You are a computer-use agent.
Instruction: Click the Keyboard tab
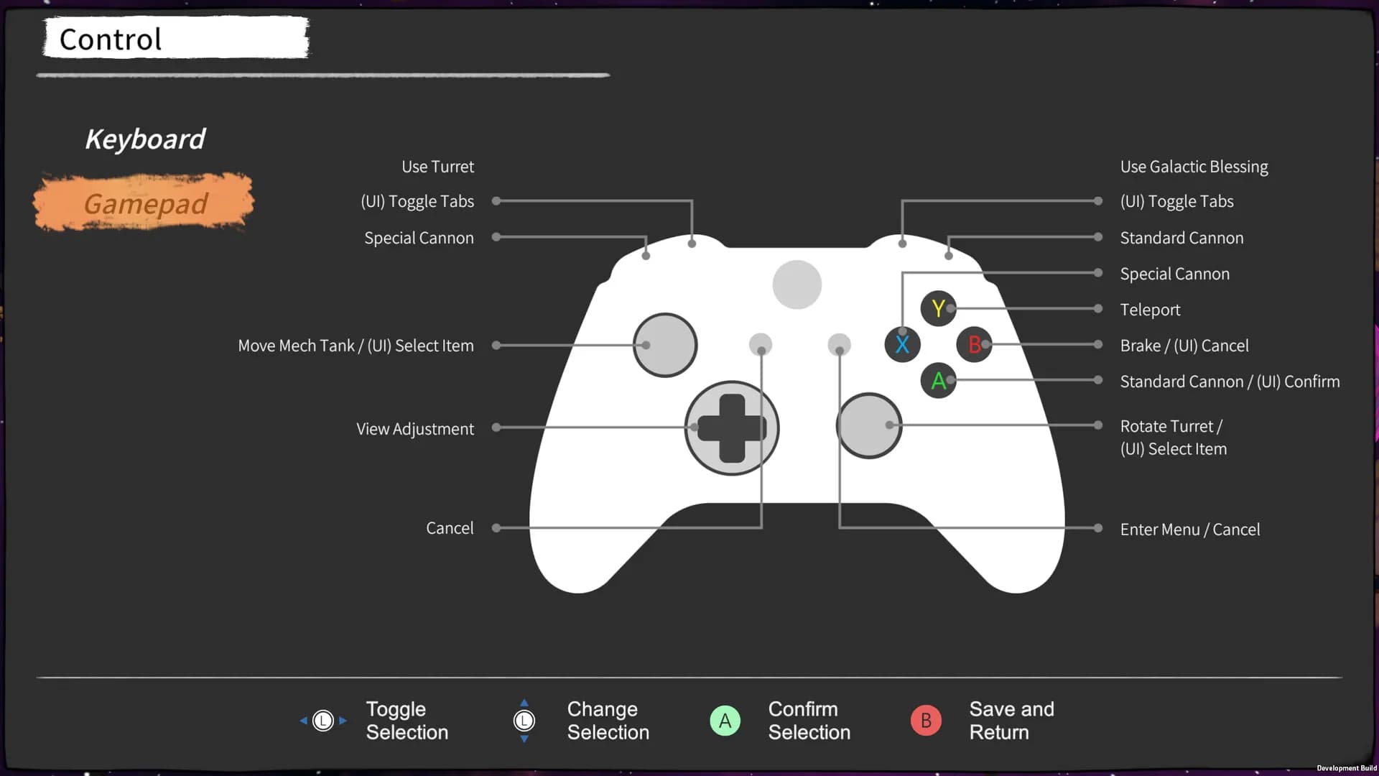145,139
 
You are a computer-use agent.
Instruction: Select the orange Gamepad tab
145,203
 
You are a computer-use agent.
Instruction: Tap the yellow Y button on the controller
938,308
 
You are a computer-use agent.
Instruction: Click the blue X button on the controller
902,344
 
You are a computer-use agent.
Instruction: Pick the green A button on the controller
938,380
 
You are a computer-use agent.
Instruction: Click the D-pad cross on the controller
732,428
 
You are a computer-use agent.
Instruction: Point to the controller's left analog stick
665,345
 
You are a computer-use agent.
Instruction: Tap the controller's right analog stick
869,425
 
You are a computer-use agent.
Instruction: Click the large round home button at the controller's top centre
797,285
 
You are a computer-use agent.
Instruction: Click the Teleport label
1150,310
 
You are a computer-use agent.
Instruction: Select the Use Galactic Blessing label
1194,167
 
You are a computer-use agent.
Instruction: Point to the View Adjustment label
415,429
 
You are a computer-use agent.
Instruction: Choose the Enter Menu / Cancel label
1189,530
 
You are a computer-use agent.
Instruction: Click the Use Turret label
437,167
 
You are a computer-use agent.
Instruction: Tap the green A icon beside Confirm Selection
725,720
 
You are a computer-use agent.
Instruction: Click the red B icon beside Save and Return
926,720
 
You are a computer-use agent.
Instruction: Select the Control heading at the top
111,39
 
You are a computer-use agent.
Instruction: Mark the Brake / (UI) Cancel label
1184,346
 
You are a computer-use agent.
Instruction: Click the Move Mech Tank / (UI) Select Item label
356,346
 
